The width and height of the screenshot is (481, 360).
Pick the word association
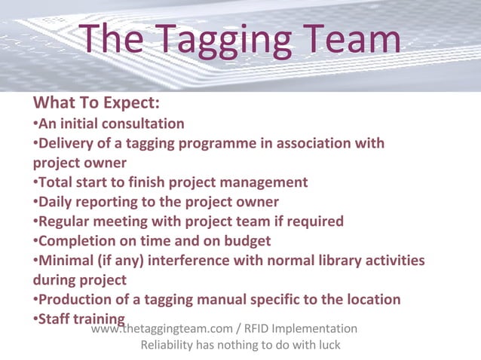309,143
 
